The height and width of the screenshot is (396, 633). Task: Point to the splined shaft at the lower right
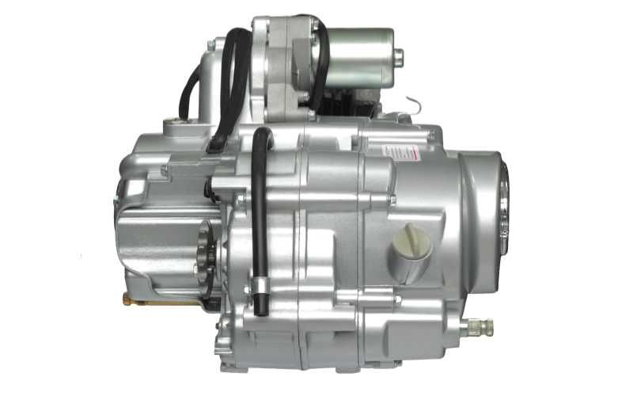click(479, 326)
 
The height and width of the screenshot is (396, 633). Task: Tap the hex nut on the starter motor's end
click(398, 57)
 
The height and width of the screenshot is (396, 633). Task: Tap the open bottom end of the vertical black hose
click(259, 308)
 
